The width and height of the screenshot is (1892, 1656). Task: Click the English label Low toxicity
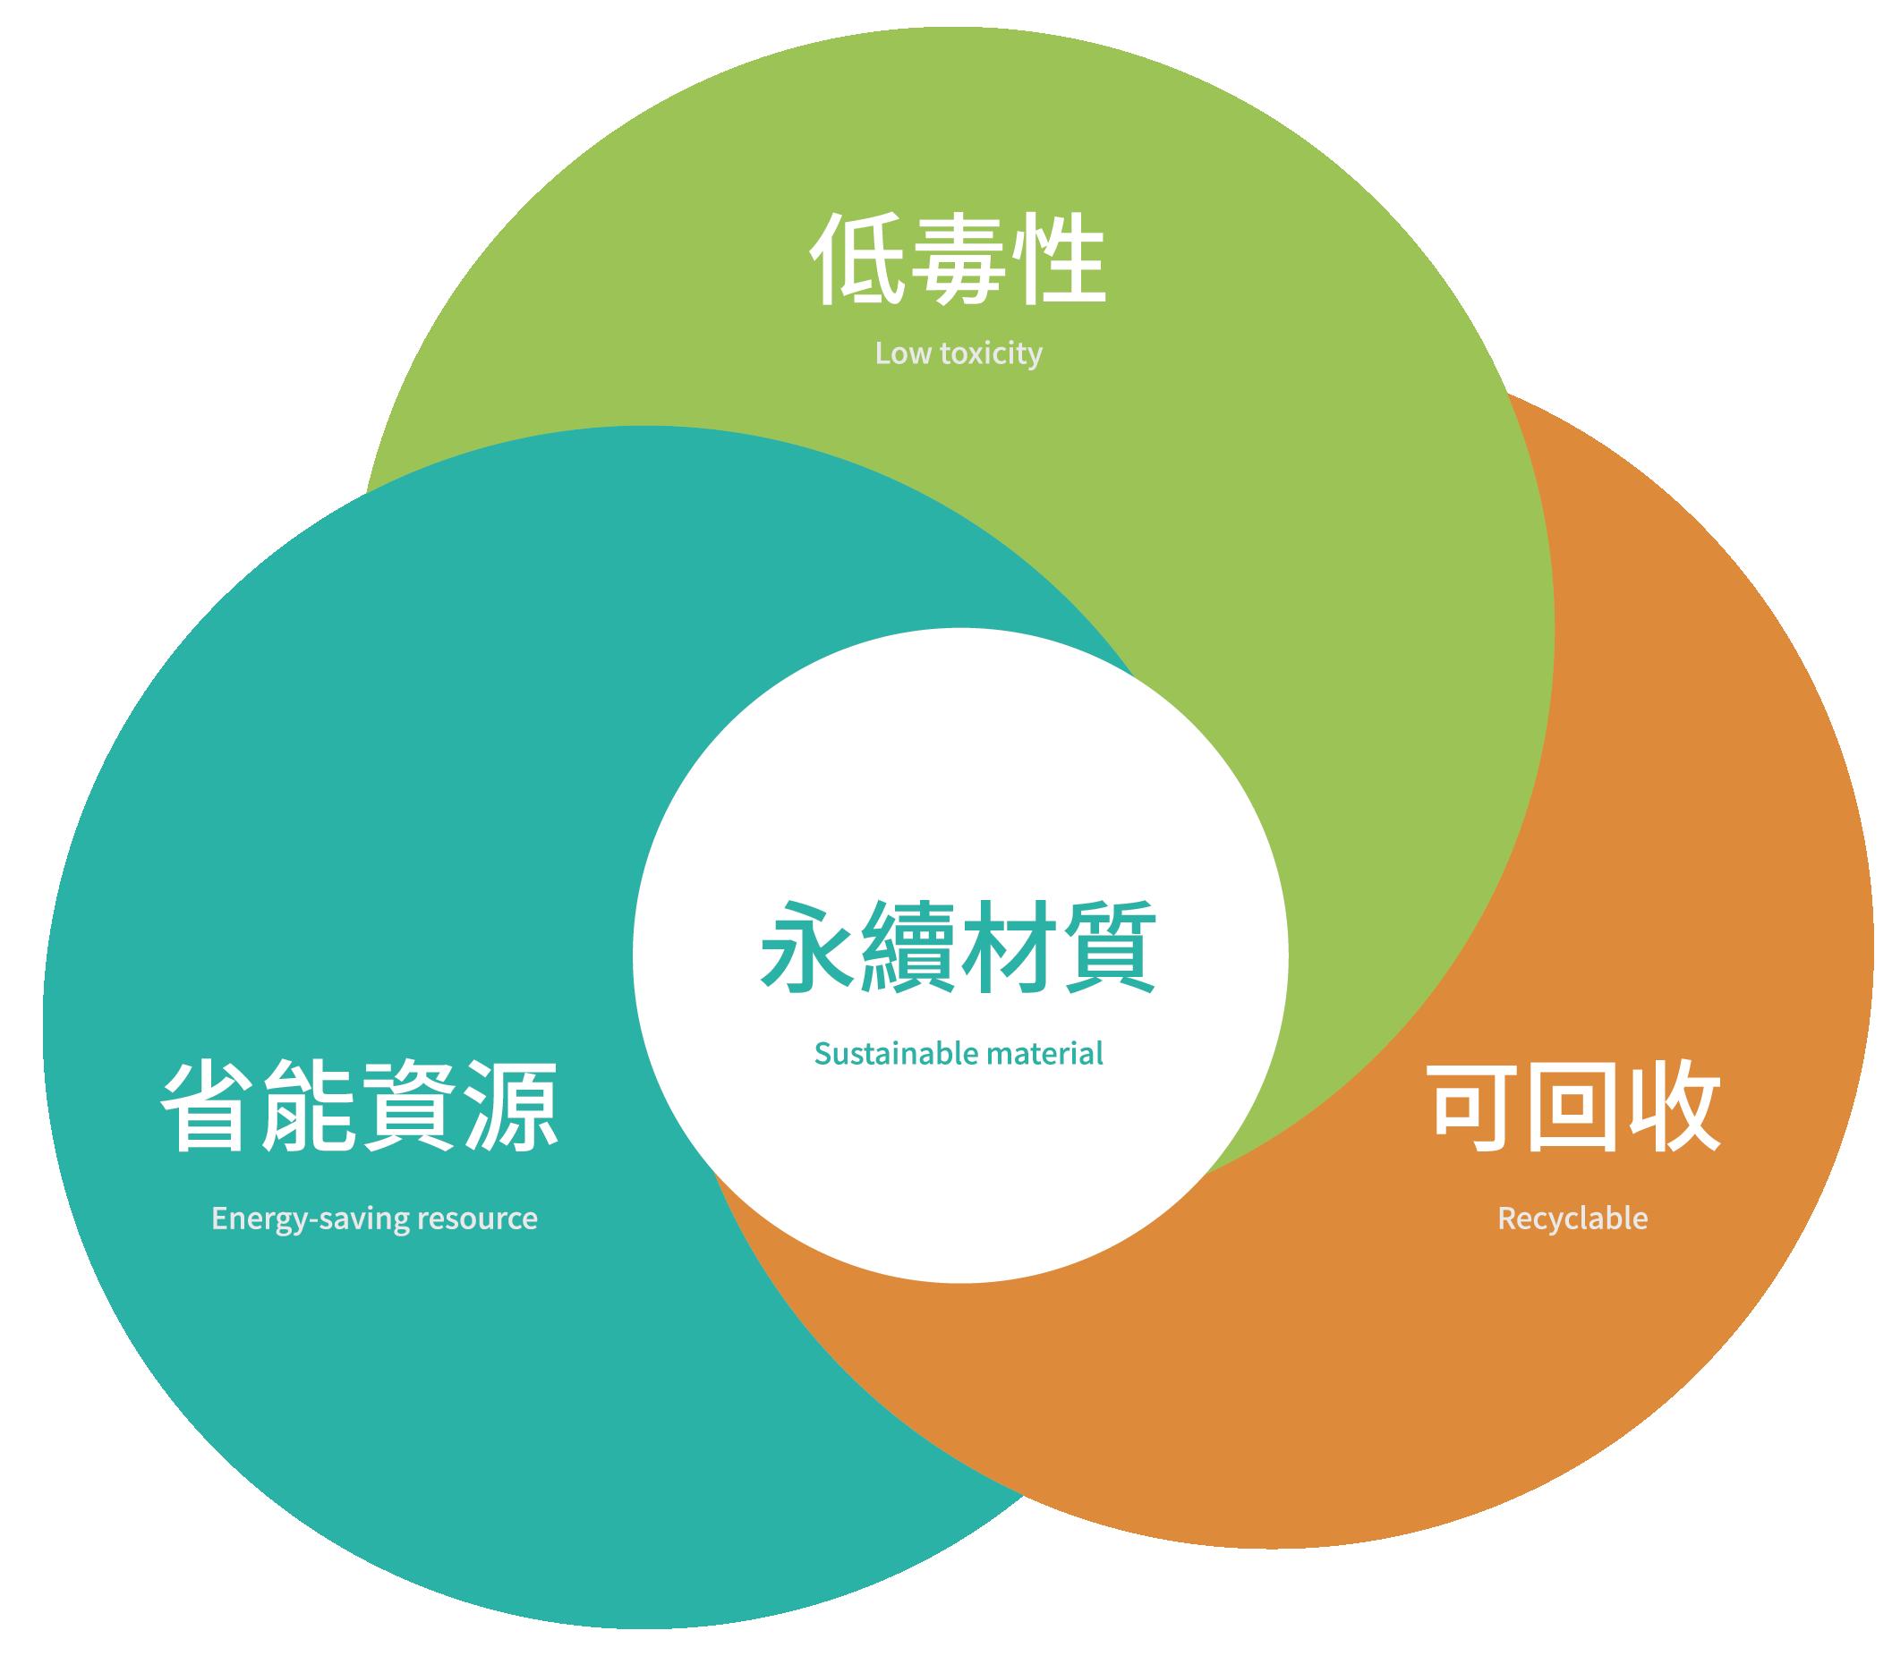(x=958, y=354)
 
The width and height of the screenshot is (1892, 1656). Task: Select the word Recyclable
(x=1572, y=1218)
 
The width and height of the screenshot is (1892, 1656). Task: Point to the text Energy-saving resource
(x=373, y=1218)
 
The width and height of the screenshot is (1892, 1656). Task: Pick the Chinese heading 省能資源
(x=360, y=1106)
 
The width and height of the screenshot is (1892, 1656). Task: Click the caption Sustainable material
(x=958, y=1054)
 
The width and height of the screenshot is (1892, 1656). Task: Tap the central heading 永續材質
(x=958, y=947)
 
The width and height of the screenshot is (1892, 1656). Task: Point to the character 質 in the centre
(x=1109, y=947)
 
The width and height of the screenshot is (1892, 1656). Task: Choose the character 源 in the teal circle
(x=511, y=1106)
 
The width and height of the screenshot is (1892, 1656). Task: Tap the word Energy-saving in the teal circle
(x=311, y=1218)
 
